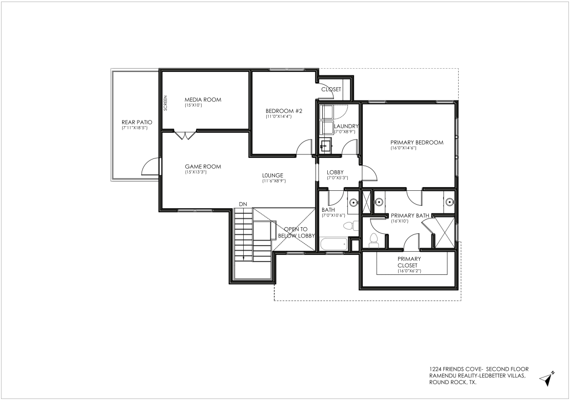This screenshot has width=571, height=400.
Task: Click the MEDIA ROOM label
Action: pos(203,99)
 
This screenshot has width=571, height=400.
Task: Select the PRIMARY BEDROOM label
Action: pos(417,143)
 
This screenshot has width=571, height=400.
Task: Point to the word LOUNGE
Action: pos(273,175)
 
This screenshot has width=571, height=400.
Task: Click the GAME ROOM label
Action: pos(203,167)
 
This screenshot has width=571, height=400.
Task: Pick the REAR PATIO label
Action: pos(137,122)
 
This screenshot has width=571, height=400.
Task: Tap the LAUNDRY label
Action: pos(346,126)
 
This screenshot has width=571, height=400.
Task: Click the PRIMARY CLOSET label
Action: pos(409,262)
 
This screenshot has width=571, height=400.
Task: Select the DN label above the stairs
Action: pos(243,204)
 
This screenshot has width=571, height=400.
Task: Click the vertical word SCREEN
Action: pos(165,103)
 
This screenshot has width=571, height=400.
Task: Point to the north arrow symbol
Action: pos(547,378)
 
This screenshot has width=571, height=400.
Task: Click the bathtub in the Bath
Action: pos(333,244)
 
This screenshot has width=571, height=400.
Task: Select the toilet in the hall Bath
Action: pos(348,226)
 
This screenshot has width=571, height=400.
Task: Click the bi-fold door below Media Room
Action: pos(185,135)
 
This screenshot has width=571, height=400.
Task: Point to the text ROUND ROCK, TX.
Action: pos(453,383)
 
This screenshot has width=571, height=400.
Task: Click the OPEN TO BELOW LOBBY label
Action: pos(296,233)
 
